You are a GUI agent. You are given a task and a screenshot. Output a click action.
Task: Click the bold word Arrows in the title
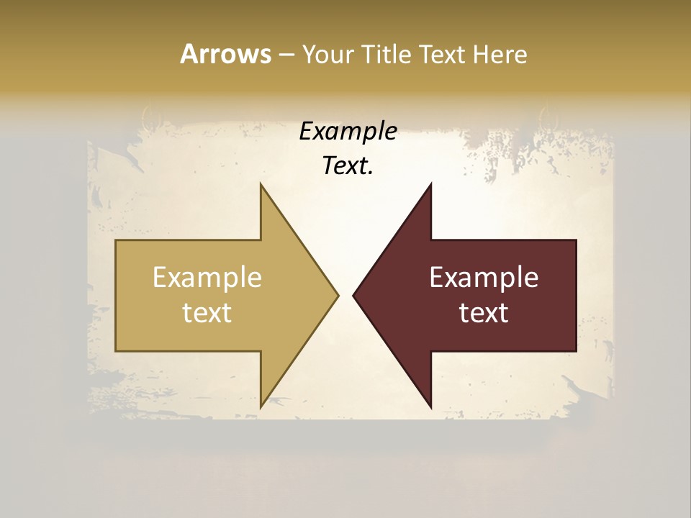pyautogui.click(x=225, y=54)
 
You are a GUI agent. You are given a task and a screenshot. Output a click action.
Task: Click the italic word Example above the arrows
pyautogui.click(x=348, y=132)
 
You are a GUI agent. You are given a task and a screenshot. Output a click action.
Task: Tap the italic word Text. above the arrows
pyautogui.click(x=348, y=166)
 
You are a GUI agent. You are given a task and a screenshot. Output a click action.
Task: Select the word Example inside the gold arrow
pyautogui.click(x=207, y=278)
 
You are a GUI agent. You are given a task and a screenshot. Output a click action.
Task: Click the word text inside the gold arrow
pyautogui.click(x=207, y=313)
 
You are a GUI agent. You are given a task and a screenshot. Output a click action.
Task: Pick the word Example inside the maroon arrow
pyautogui.click(x=484, y=278)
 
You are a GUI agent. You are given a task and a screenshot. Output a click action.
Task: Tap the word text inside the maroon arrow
pyautogui.click(x=484, y=313)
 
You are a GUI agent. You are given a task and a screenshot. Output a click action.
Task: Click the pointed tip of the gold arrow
pyautogui.click(x=338, y=295)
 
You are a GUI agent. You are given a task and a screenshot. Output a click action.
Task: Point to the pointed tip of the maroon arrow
pyautogui.click(x=353, y=295)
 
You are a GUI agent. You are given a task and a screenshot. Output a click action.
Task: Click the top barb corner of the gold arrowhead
pyautogui.click(x=261, y=184)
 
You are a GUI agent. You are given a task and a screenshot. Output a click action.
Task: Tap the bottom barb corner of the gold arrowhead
pyautogui.click(x=261, y=407)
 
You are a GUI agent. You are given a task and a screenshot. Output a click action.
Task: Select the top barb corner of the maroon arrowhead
pyautogui.click(x=431, y=184)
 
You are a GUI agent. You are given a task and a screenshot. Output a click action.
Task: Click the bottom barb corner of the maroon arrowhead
pyautogui.click(x=431, y=407)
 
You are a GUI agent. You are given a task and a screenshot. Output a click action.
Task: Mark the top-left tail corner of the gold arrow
pyautogui.click(x=116, y=240)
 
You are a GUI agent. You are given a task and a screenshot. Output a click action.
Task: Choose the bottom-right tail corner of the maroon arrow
pyautogui.click(x=576, y=351)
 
